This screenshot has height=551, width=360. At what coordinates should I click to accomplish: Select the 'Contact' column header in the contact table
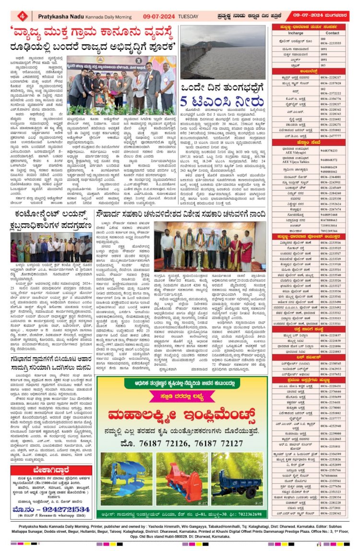click(333, 33)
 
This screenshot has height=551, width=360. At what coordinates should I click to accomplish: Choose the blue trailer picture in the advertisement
click(238, 469)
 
